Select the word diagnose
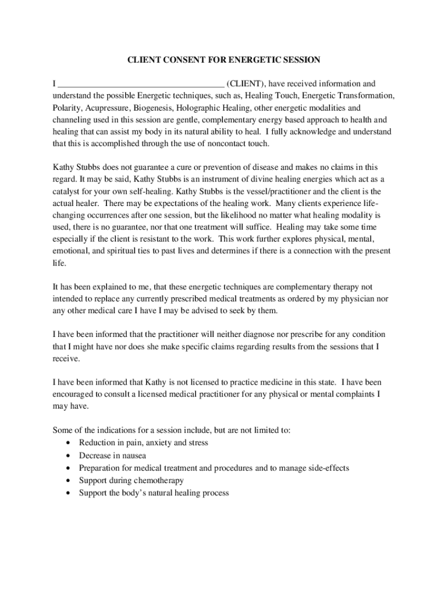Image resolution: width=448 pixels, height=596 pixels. (236, 335)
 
